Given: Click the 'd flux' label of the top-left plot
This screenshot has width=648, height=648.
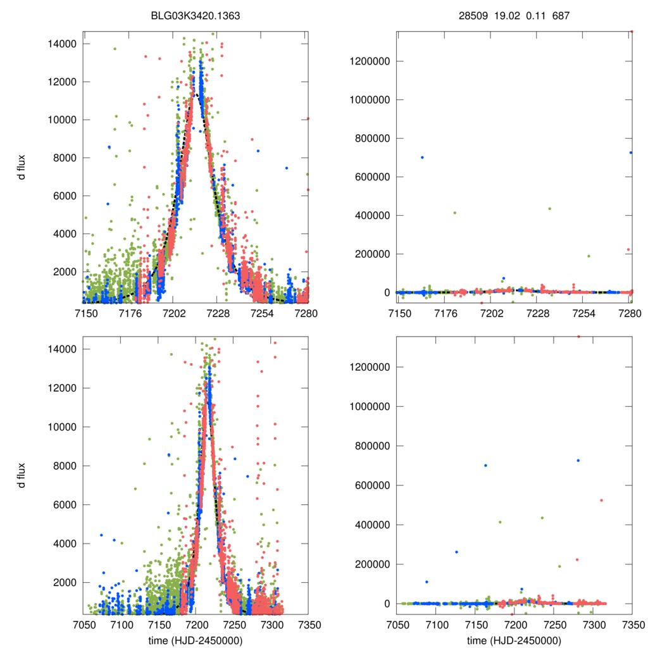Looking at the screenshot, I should coord(22,168).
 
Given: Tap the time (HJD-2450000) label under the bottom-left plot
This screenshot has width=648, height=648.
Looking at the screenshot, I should coord(196,640).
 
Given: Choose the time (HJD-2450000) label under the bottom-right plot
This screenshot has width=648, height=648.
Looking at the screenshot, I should coord(514,640).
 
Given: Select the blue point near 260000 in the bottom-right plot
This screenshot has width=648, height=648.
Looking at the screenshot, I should coord(456,552).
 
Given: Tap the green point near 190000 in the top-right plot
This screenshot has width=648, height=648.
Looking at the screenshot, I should coord(589,256).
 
